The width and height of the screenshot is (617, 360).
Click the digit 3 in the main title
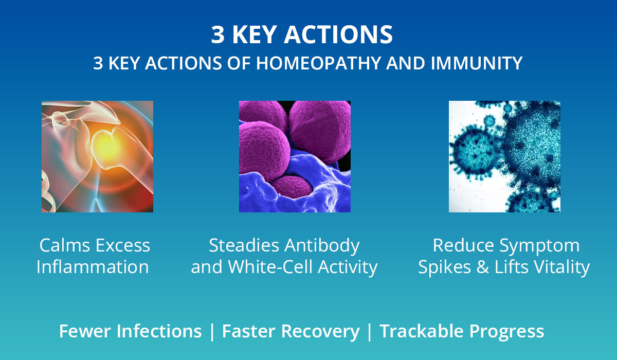217,35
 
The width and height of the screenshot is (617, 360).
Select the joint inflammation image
97,156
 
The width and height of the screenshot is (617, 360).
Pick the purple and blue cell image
295,156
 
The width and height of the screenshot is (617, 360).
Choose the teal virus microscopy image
504,156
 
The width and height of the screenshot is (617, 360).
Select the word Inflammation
93,267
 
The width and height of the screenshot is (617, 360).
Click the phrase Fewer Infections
130,331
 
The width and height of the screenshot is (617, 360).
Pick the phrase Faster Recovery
291,331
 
